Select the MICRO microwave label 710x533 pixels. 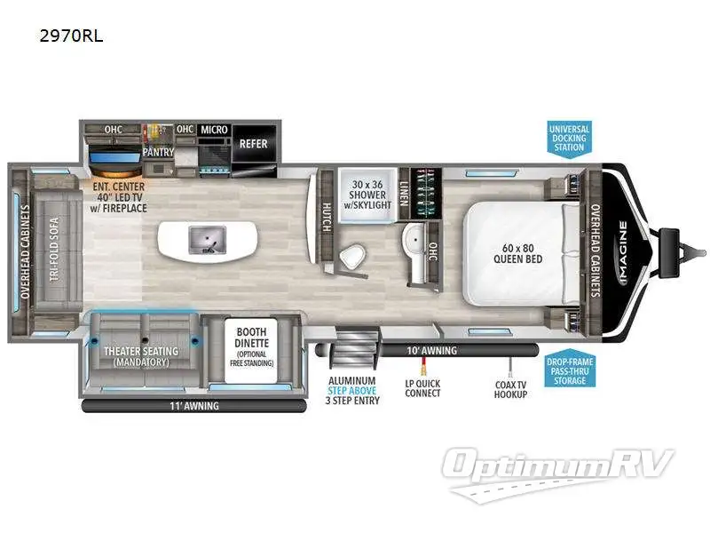click(214, 130)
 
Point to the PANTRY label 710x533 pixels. click(157, 151)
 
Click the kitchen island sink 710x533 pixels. click(205, 238)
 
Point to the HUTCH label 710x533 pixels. click(326, 216)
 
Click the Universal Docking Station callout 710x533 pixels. click(569, 138)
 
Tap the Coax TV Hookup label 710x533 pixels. click(511, 388)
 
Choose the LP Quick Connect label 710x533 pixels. click(422, 388)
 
